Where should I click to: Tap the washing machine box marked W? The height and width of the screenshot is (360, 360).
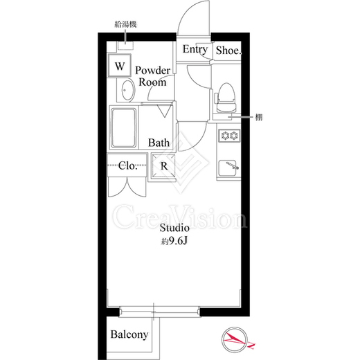click(120, 65)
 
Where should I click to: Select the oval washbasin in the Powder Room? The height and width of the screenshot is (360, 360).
click(128, 90)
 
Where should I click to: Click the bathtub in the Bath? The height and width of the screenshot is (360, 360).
click(124, 128)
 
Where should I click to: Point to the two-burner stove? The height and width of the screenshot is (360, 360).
click(229, 135)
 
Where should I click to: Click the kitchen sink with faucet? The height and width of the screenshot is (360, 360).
click(228, 168)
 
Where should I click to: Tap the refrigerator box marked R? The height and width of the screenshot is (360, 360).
click(163, 166)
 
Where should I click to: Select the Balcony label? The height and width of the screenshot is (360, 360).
click(129, 334)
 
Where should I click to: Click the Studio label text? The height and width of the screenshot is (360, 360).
click(174, 228)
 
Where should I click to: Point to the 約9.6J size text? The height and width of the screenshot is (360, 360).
click(174, 241)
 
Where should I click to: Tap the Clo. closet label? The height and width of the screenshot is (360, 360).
click(127, 165)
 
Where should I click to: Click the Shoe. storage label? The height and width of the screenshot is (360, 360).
click(228, 50)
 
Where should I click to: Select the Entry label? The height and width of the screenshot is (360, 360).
click(195, 49)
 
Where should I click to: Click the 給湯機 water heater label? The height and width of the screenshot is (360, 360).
click(125, 24)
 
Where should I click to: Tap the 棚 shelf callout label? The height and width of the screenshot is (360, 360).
click(258, 117)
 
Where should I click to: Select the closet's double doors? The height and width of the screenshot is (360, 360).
click(127, 186)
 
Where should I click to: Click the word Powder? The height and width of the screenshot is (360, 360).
click(152, 71)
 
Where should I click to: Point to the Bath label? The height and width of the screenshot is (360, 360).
click(159, 143)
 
